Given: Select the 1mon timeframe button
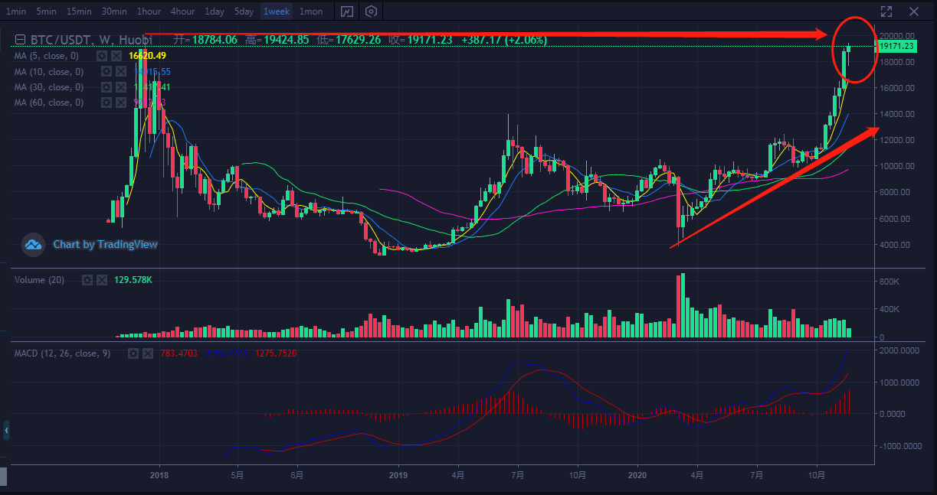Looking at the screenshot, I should coord(310,11).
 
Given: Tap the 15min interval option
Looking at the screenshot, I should coord(79,11).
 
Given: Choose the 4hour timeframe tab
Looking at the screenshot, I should coord(182,11).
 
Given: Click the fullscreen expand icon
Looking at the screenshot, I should coord(886,11).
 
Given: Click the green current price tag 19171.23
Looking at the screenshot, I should coord(896,46).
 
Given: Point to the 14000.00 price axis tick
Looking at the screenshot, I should coord(897,114).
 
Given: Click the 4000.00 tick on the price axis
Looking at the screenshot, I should coord(896,245).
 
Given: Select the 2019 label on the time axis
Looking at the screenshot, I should coord(398,475).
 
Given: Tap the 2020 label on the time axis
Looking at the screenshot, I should coord(638,475).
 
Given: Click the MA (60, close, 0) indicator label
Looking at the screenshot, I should coord(49,103).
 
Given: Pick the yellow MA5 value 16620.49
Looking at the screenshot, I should coord(148,56).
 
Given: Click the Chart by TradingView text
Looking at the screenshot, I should coord(105,245).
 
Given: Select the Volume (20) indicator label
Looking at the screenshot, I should coord(39,280).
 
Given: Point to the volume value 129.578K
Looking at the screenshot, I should coord(133,280).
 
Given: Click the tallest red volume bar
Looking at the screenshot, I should coord(678,306).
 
